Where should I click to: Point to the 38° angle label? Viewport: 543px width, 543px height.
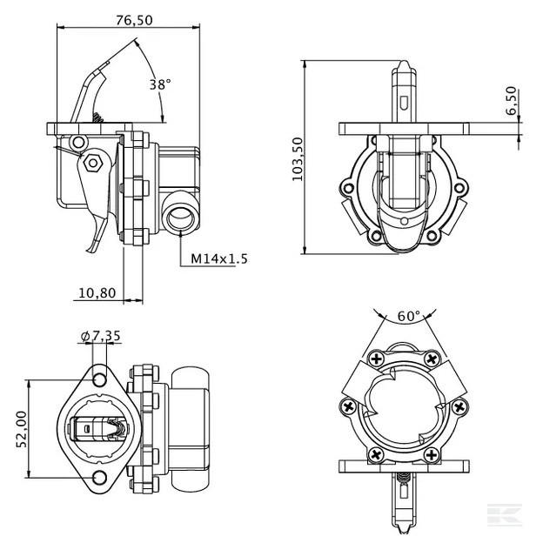159,84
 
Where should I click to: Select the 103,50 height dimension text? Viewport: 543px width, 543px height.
297,158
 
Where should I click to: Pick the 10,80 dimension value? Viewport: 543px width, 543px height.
97,293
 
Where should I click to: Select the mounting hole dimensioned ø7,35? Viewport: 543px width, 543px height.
99,379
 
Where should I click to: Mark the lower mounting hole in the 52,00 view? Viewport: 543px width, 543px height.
99,477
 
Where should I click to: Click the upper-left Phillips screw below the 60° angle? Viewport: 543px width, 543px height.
377,358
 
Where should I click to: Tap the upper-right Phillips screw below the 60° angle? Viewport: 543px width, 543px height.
432,358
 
